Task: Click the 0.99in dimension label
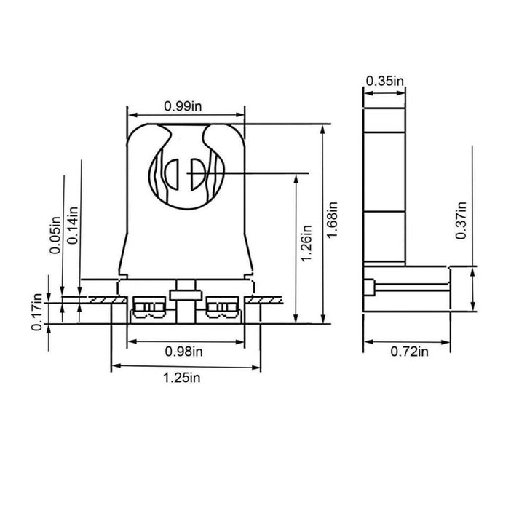click(x=183, y=106)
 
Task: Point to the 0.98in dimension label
click(x=183, y=352)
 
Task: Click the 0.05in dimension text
click(x=55, y=235)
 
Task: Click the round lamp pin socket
click(x=186, y=174)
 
